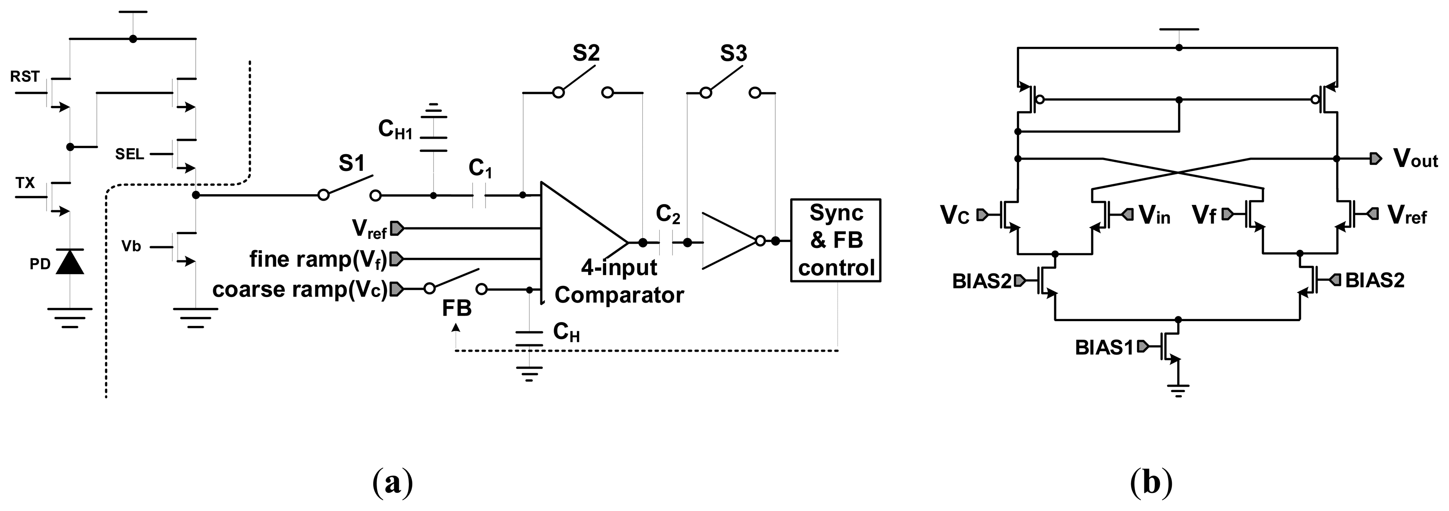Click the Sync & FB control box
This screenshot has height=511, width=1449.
coord(835,240)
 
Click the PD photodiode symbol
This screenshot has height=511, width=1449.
coord(70,263)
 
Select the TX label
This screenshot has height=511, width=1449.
coord(25,183)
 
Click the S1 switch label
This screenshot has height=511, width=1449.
coord(352,164)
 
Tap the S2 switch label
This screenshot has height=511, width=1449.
coord(586,53)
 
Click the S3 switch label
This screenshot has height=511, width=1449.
coord(733,54)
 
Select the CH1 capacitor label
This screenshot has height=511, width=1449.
coord(395,130)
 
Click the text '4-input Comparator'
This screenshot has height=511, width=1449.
coord(619,281)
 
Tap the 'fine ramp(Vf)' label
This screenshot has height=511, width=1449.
coord(318,259)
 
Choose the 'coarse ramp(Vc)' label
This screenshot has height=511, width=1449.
coord(300,290)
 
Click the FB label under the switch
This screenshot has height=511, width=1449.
coord(457,308)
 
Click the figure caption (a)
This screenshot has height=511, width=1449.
coord(392,482)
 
